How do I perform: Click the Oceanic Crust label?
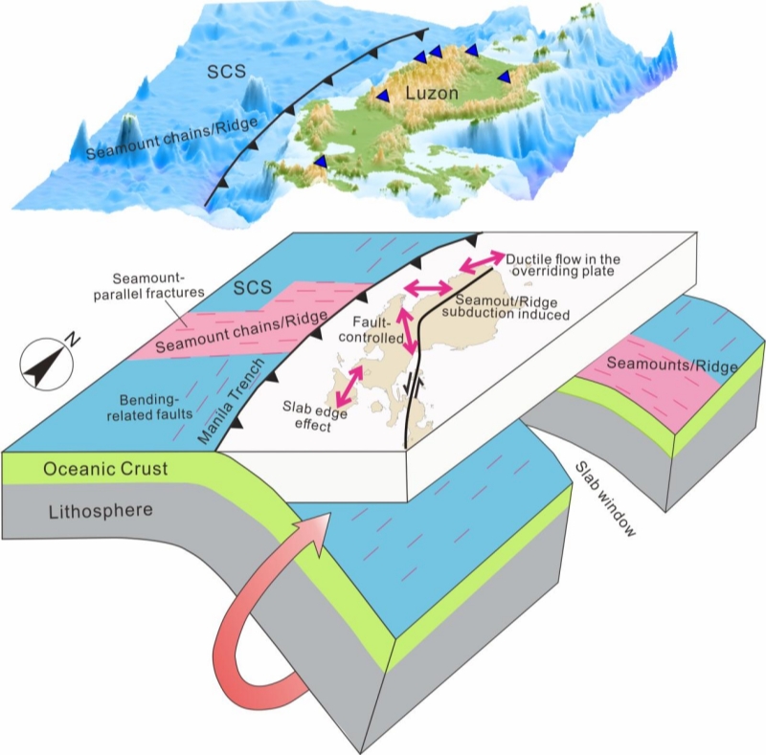[105, 470]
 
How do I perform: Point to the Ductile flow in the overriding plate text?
[564, 265]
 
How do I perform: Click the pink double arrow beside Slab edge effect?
[347, 384]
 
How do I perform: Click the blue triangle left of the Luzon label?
[383, 96]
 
